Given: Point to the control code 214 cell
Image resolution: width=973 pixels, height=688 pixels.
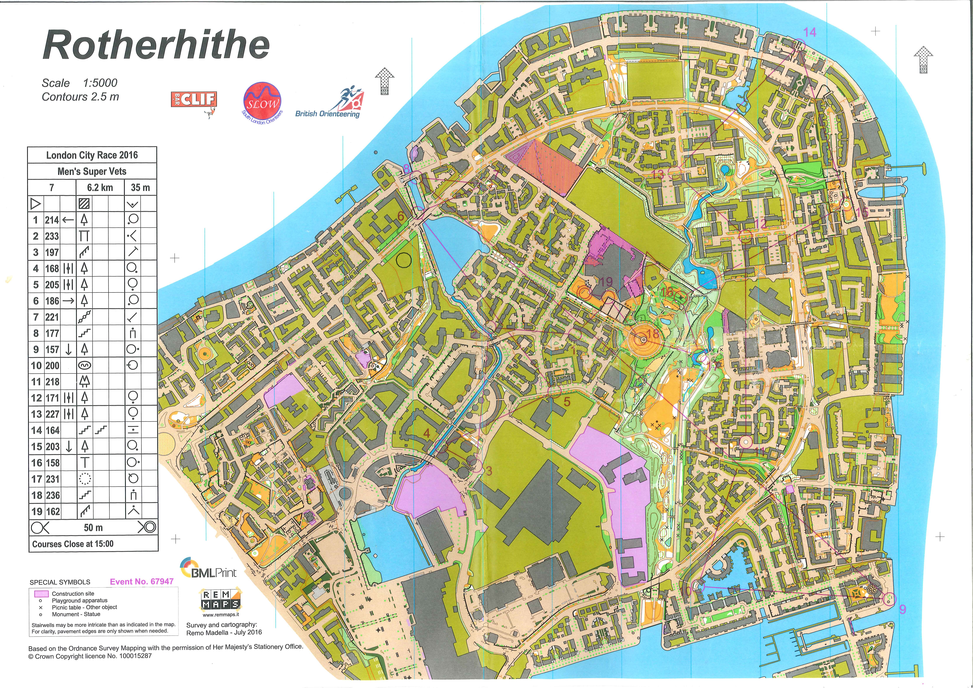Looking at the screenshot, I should [52, 220].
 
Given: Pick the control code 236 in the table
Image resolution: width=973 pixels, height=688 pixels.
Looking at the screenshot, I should [52, 495].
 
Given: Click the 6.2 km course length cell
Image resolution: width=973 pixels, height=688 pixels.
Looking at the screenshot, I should [100, 188].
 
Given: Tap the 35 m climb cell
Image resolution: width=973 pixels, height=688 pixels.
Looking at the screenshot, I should [140, 188].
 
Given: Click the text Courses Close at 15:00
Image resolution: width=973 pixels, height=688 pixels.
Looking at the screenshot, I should [73, 544].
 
